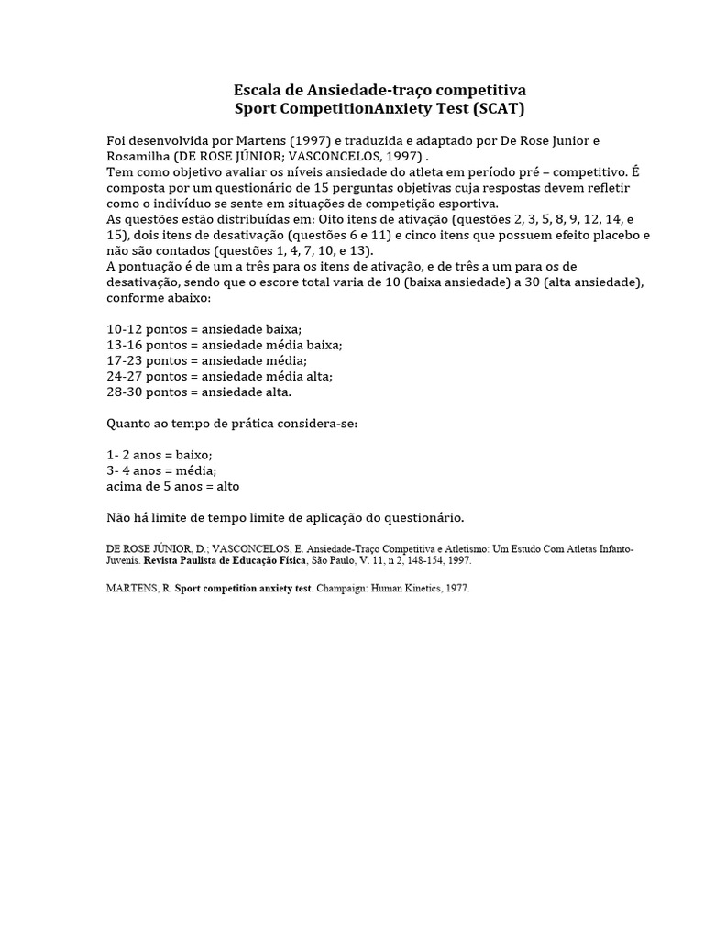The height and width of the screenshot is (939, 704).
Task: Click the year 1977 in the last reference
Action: tap(456, 588)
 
